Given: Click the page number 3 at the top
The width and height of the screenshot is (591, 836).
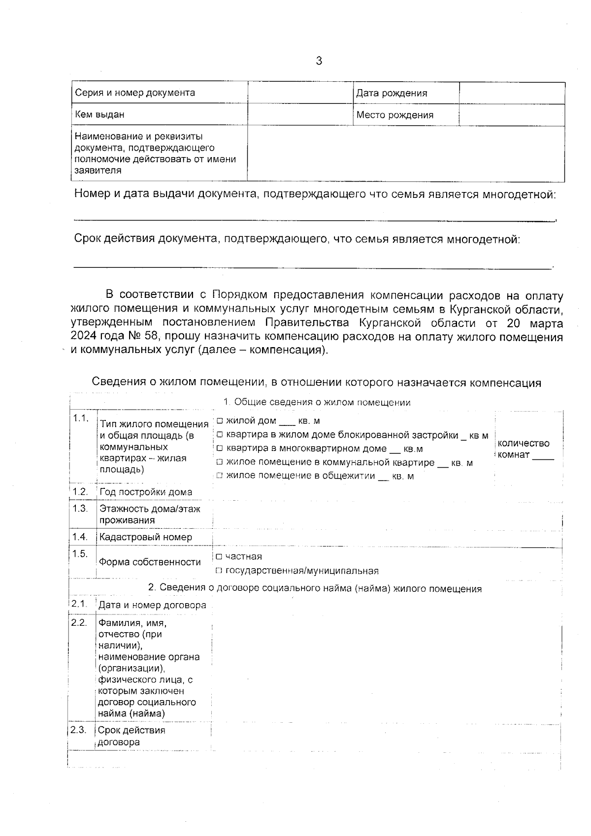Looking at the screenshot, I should click(319, 61).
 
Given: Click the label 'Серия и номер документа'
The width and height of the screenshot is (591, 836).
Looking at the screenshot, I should click(134, 93).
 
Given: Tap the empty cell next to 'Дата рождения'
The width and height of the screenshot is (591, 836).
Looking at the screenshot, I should click(512, 93).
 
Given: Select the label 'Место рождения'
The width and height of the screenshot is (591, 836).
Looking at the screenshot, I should click(394, 115).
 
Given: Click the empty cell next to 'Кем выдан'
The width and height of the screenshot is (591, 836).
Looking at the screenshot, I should click(300, 115).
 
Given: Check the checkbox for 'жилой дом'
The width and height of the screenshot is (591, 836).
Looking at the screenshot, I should click(220, 421).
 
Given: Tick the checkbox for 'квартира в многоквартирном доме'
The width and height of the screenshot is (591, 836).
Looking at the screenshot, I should click(220, 449).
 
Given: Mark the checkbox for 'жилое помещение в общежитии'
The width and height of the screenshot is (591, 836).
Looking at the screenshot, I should click(220, 476).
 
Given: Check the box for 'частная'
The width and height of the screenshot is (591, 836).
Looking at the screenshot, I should click(219, 557).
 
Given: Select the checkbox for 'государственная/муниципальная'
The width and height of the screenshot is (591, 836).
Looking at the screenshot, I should click(219, 571).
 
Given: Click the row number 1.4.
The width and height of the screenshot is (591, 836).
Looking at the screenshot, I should click(80, 537).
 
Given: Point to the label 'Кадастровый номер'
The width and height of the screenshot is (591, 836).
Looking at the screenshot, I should click(146, 537).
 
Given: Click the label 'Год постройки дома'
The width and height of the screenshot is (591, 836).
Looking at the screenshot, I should click(146, 492).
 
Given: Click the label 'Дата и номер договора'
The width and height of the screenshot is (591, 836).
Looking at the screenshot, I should click(152, 605).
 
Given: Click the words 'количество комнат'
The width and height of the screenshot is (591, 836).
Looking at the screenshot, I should click(523, 449).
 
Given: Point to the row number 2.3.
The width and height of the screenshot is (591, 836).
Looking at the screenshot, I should click(78, 730).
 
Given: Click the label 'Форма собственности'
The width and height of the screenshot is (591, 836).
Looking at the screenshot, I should click(150, 562).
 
